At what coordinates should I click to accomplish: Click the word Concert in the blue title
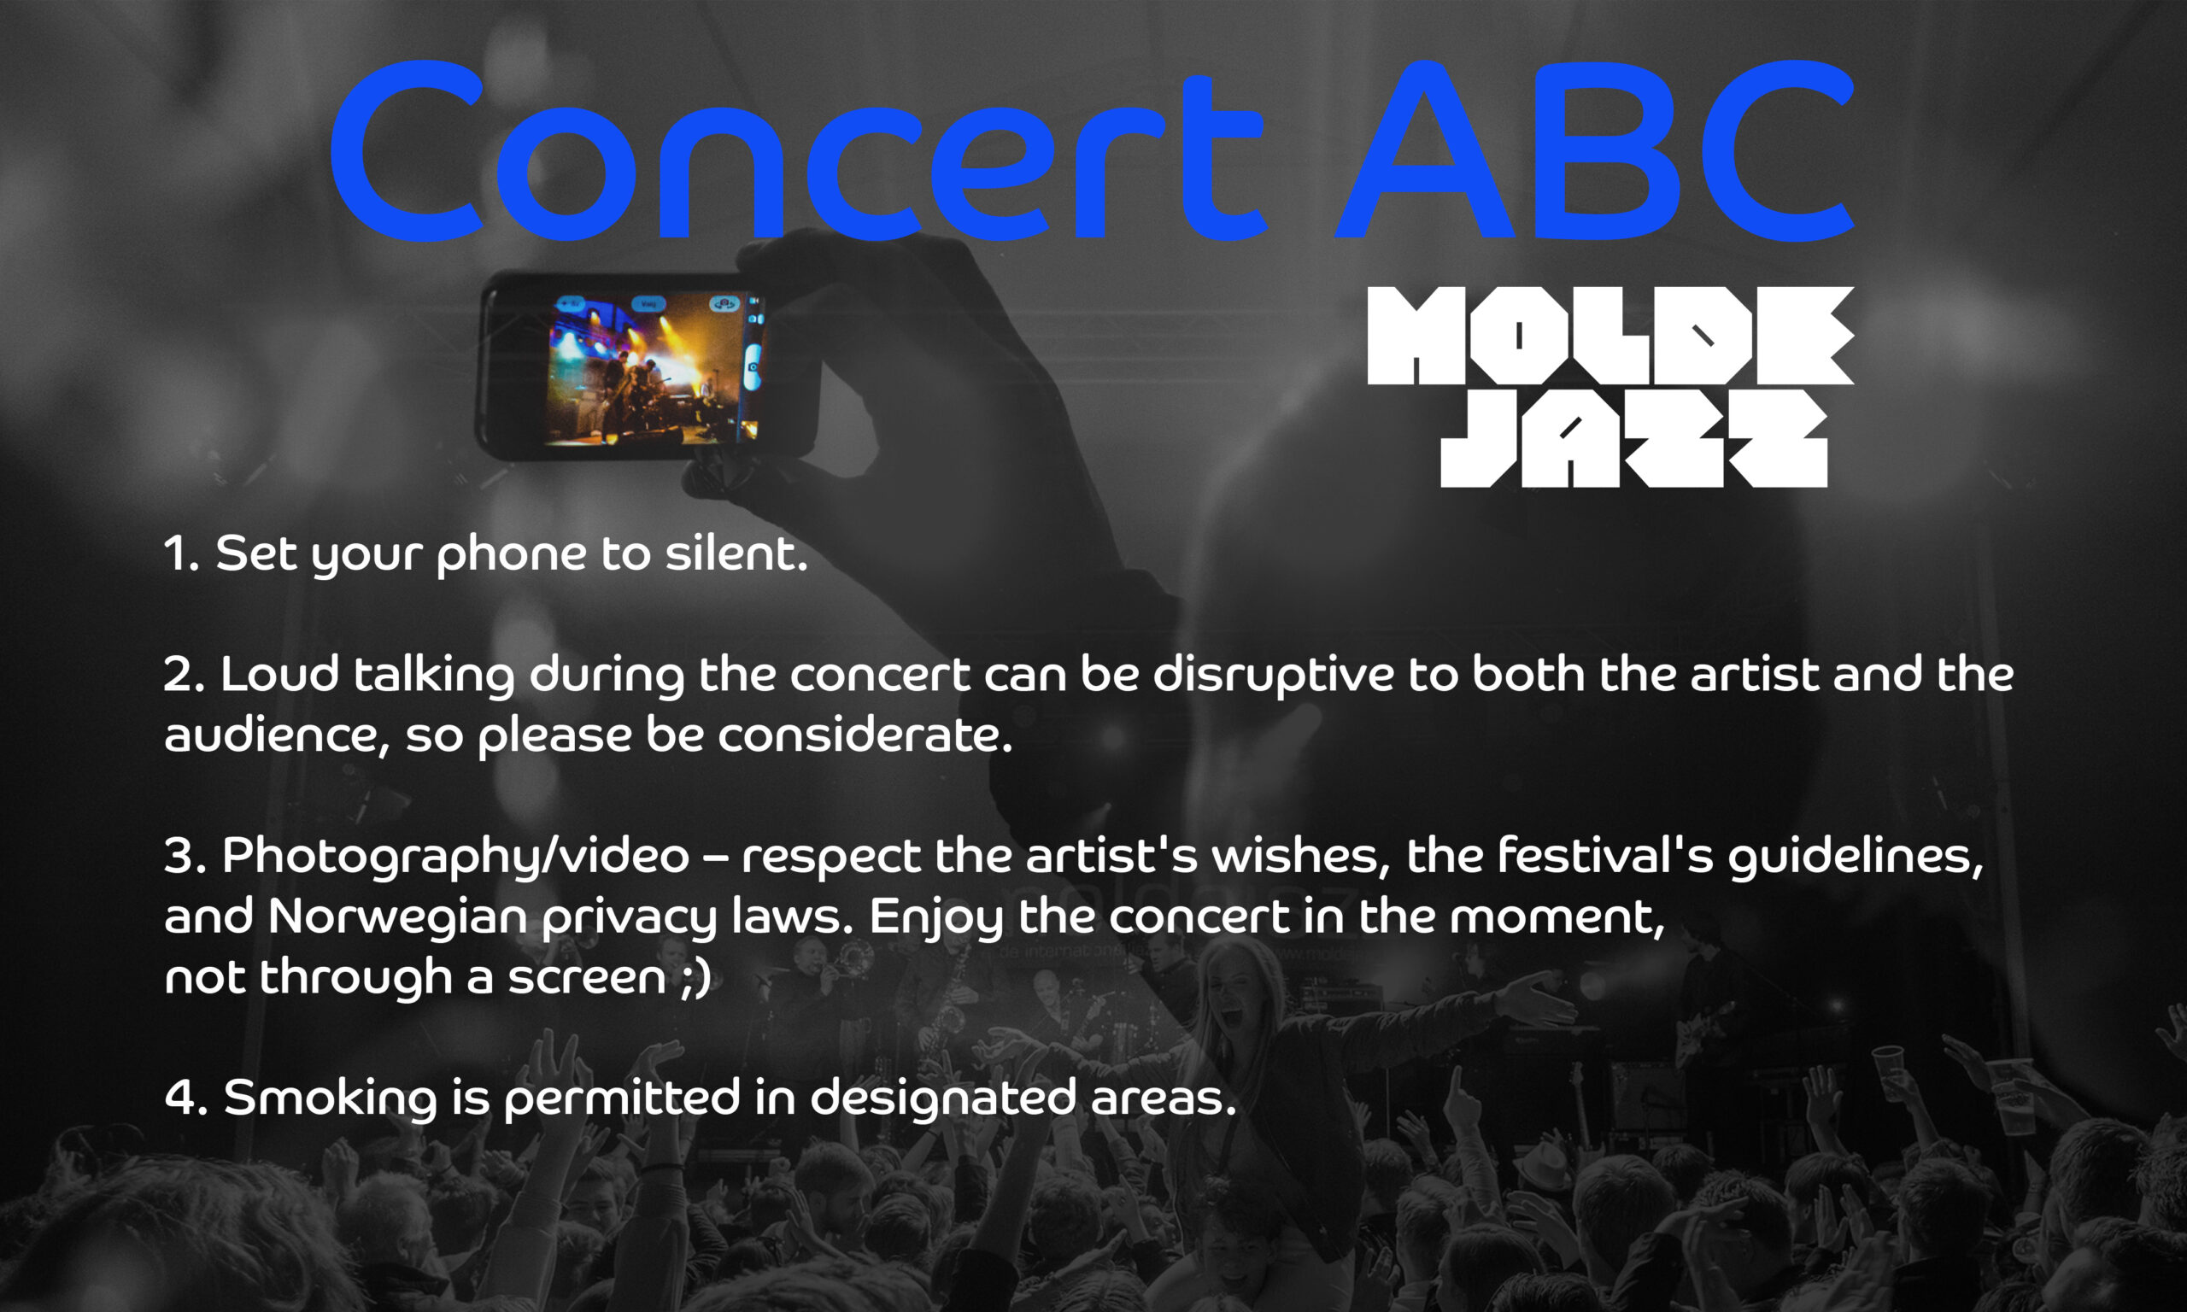[x=800, y=151]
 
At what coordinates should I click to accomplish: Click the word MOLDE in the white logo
[x=1609, y=335]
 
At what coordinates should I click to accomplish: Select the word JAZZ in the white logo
[x=1633, y=438]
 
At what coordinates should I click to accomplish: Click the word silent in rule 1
[x=736, y=554]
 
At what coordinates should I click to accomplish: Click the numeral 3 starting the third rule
[x=179, y=856]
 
